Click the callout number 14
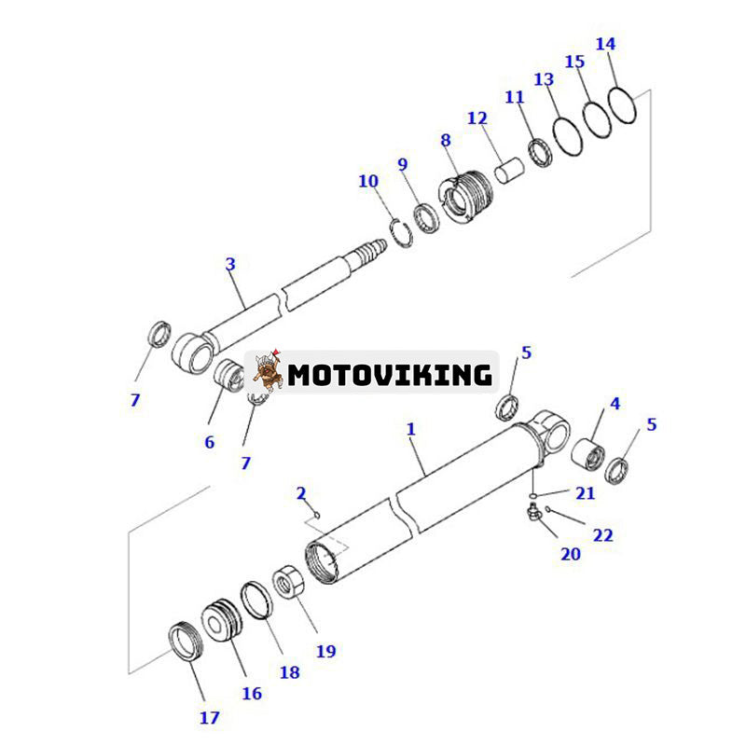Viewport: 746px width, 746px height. click(605, 44)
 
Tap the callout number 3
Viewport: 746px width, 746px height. click(230, 264)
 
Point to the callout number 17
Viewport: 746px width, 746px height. click(209, 717)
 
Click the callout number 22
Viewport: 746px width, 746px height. click(602, 535)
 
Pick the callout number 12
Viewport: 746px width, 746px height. click(477, 118)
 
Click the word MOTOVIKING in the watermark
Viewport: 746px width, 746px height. click(389, 375)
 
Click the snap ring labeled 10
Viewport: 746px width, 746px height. click(398, 229)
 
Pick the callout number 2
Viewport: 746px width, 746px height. click(300, 492)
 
